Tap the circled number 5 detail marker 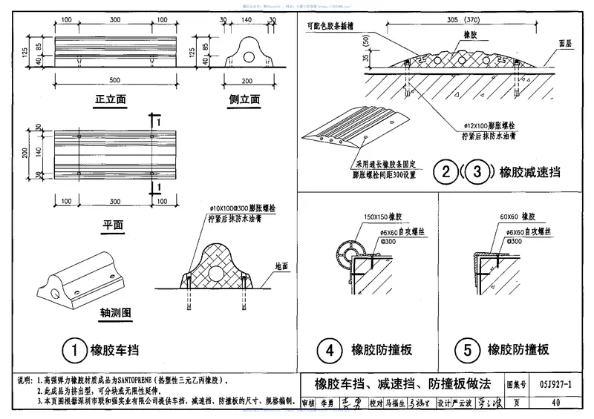coord(466,349)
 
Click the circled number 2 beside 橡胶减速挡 coord(446,173)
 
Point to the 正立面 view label coord(110,99)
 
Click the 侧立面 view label coord(244,99)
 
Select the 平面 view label coord(112,223)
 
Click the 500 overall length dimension coord(114,79)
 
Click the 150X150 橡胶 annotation coord(382,218)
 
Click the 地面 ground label coord(281,265)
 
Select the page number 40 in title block coord(555,403)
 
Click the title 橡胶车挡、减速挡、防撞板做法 coord(402,385)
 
